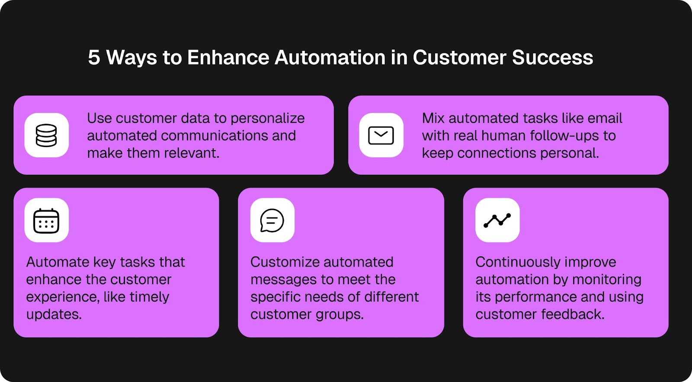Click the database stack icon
pyautogui.click(x=46, y=135)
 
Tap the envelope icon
pyautogui.click(x=381, y=135)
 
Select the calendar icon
pyautogui.click(x=46, y=221)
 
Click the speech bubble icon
pyautogui.click(x=272, y=220)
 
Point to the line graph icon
pyautogui.click(x=497, y=220)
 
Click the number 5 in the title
pyautogui.click(x=94, y=58)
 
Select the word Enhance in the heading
pyautogui.click(x=228, y=58)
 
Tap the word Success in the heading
pyautogui.click(x=553, y=58)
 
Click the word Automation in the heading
pyautogui.click(x=330, y=58)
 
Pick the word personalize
pyautogui.click(x=268, y=119)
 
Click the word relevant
pyautogui.click(x=194, y=153)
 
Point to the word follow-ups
pyautogui.click(x=564, y=136)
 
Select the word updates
pyautogui.click(x=54, y=315)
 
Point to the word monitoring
pyautogui.click(x=607, y=280)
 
